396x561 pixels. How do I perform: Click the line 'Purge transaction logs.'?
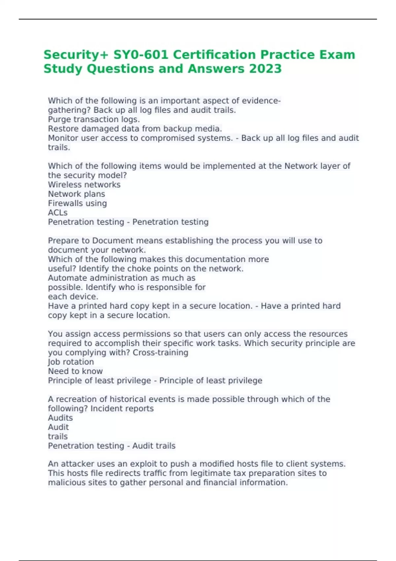[x=94, y=119]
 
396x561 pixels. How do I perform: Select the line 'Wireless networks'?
[x=84, y=184]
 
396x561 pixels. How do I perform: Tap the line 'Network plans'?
[x=77, y=194]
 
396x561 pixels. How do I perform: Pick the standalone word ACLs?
[x=58, y=213]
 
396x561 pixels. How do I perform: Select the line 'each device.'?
[x=73, y=296]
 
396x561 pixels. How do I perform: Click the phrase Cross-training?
[x=160, y=352]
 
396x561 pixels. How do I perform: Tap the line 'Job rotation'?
[x=71, y=362]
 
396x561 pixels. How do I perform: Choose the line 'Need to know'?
[x=75, y=371]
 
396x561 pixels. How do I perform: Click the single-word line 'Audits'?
[x=60, y=417]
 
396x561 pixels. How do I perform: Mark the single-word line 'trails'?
[x=58, y=436]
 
